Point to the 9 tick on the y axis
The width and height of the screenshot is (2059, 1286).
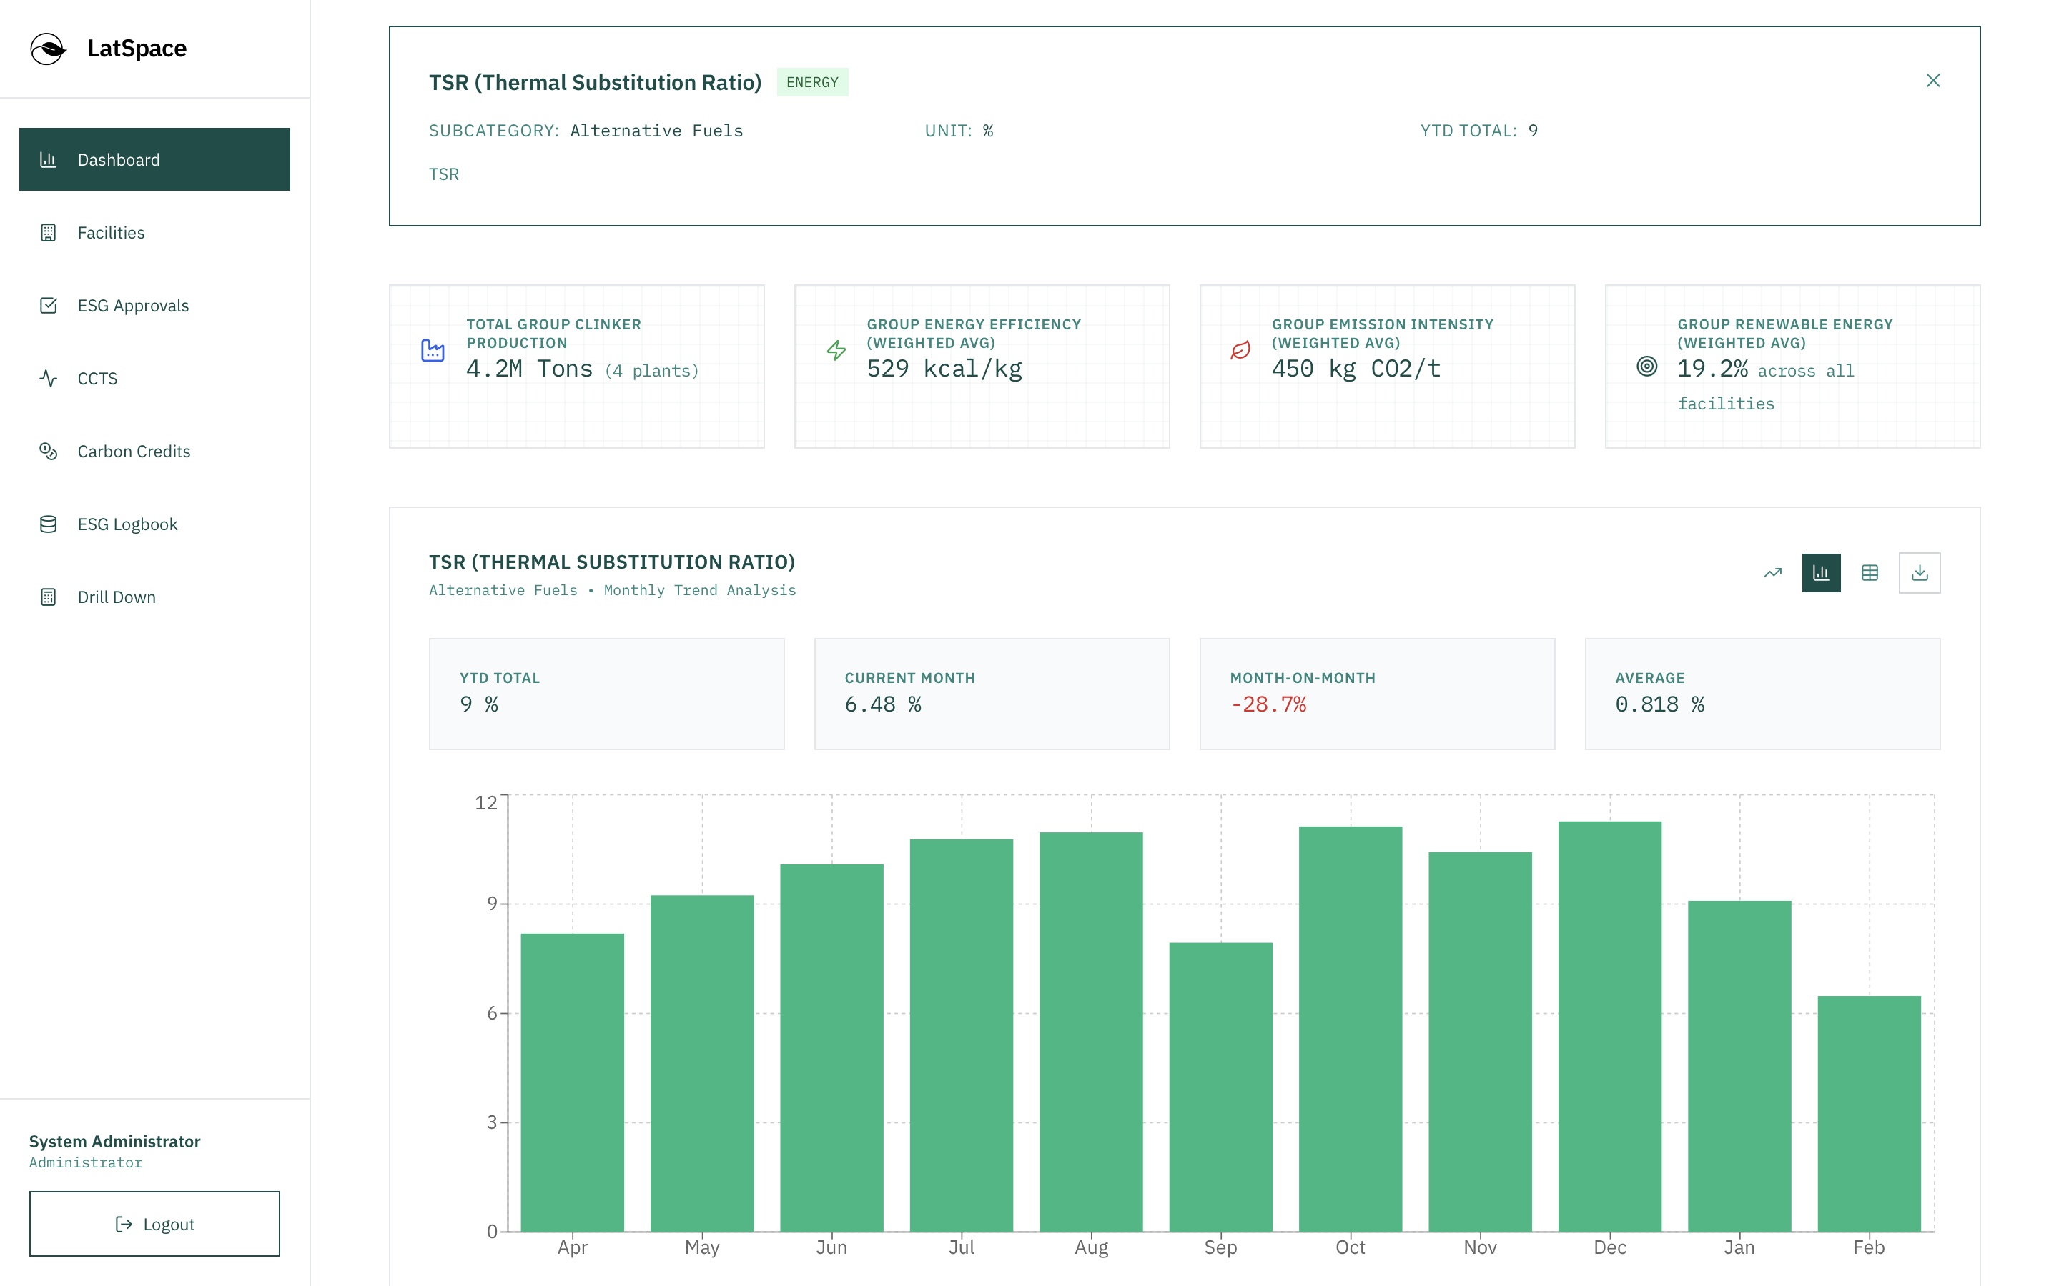[x=492, y=903]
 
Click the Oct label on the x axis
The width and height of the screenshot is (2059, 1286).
[x=1349, y=1247]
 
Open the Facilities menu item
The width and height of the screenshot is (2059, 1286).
[x=111, y=232]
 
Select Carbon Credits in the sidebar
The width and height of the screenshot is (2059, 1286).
[x=134, y=451]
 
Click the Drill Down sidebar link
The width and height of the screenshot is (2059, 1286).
[x=117, y=597]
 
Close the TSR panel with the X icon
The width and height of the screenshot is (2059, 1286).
[x=1932, y=81]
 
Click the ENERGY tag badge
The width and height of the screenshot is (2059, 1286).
[x=811, y=82]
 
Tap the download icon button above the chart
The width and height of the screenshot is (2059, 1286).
[x=1919, y=573]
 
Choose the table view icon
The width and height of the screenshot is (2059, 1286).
[x=1870, y=573]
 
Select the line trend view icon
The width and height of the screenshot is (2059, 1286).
[x=1772, y=573]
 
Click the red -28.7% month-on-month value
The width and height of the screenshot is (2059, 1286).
[x=1268, y=704]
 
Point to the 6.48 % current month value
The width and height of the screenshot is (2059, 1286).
[x=882, y=704]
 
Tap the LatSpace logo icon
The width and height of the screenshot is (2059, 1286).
[x=48, y=49]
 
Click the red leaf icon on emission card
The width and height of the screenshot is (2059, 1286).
[x=1240, y=349]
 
